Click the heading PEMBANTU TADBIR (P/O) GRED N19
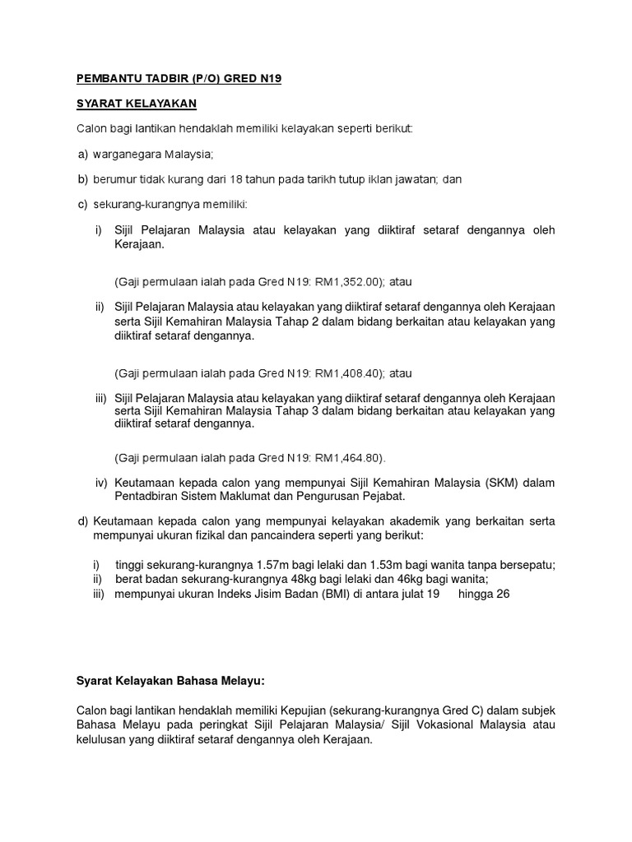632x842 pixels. click(x=179, y=79)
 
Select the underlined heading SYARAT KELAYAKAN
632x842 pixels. click(x=136, y=104)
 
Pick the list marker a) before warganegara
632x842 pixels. click(x=82, y=155)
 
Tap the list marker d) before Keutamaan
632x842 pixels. click(x=82, y=520)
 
